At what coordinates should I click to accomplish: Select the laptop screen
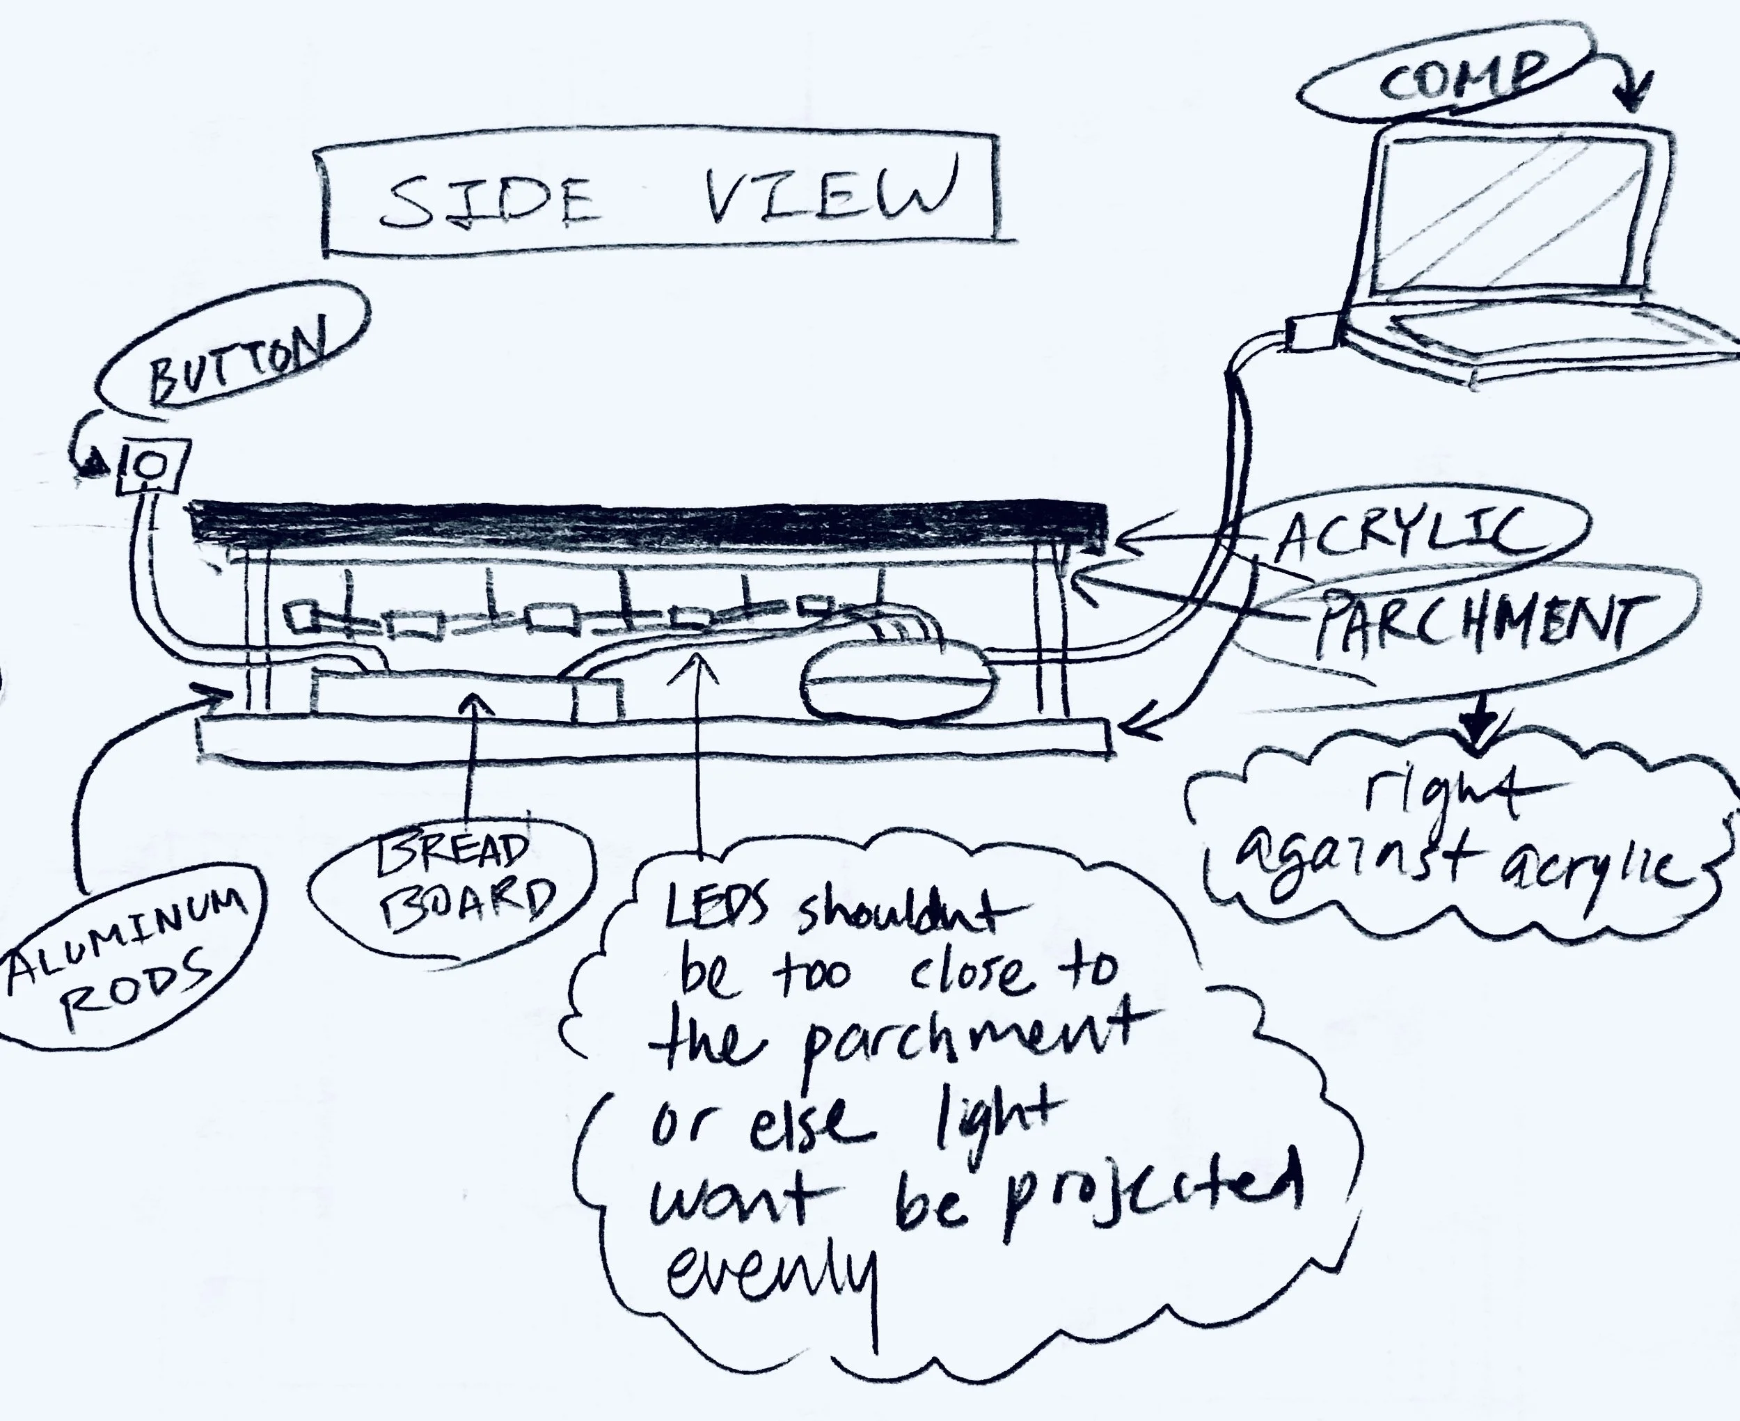1512,213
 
